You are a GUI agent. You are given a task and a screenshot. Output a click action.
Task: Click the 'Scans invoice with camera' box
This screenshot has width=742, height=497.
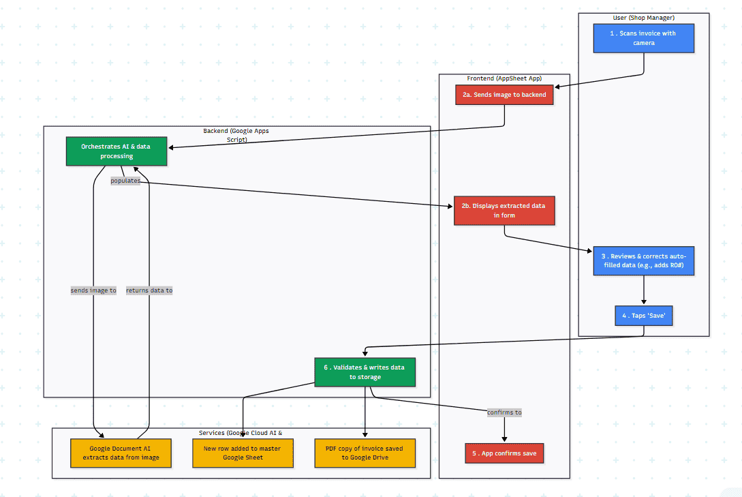[x=643, y=38]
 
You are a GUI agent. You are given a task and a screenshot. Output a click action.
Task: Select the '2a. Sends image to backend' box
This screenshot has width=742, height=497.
[x=504, y=95]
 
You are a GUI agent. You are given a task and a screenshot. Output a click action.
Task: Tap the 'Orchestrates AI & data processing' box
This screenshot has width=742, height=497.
[x=117, y=151]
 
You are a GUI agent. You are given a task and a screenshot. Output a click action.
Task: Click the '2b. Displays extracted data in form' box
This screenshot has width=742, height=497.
[x=504, y=210]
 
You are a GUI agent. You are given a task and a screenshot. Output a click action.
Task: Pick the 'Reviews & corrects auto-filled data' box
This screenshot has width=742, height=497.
[x=643, y=260]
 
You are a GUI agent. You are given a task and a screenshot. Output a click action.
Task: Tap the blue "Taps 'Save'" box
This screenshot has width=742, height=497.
[x=643, y=316]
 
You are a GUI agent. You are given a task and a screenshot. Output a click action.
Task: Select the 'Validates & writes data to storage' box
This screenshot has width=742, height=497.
[x=365, y=372]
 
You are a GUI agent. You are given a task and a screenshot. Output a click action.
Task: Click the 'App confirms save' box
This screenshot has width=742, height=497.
[x=504, y=453]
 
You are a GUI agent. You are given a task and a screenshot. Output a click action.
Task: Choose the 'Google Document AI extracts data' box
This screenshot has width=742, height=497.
[x=121, y=453]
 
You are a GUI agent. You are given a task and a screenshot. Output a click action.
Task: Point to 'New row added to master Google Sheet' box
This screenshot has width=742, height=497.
[x=243, y=453]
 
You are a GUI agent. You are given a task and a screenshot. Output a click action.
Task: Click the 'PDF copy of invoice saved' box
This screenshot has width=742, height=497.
[x=365, y=453]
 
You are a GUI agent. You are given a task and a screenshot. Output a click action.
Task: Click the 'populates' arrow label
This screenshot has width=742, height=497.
[x=125, y=181]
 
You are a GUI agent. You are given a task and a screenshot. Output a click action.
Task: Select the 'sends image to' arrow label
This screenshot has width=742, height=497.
[x=93, y=290]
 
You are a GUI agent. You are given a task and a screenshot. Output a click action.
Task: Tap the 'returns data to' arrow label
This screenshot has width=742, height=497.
[x=149, y=290]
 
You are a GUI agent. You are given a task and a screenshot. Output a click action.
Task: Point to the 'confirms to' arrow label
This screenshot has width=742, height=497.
[x=504, y=412]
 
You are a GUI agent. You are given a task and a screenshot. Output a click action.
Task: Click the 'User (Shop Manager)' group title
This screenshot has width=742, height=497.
[x=643, y=17]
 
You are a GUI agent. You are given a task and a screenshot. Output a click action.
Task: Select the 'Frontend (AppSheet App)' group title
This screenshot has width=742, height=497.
[x=504, y=78]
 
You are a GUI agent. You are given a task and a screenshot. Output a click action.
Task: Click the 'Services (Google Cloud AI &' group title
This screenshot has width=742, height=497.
[x=241, y=432]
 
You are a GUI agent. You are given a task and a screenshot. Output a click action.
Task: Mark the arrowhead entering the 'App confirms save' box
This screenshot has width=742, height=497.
[x=504, y=440]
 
